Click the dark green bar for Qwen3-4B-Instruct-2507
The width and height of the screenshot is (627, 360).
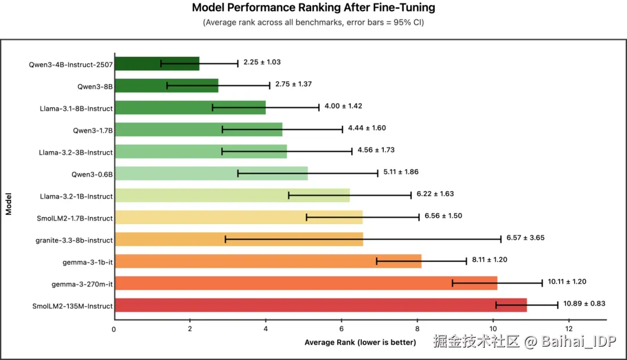[157, 64]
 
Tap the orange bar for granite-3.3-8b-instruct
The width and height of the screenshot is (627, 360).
[239, 239]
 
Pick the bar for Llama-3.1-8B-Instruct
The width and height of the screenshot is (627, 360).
[190, 107]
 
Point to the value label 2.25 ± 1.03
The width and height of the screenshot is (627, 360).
[262, 62]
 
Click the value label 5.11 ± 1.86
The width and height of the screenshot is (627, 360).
[401, 172]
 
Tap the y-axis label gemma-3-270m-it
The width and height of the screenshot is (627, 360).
[81, 284]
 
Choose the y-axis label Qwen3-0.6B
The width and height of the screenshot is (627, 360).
[95, 174]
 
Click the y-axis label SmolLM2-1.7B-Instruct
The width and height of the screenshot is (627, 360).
[74, 218]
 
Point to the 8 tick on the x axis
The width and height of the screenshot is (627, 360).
[417, 329]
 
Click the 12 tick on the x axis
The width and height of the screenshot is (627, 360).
[568, 329]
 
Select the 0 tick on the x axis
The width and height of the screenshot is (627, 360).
[114, 329]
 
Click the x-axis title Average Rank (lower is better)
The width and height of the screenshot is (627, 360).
[360, 342]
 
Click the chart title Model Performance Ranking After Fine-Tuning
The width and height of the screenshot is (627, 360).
[313, 8]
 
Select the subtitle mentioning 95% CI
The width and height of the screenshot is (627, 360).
[313, 23]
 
